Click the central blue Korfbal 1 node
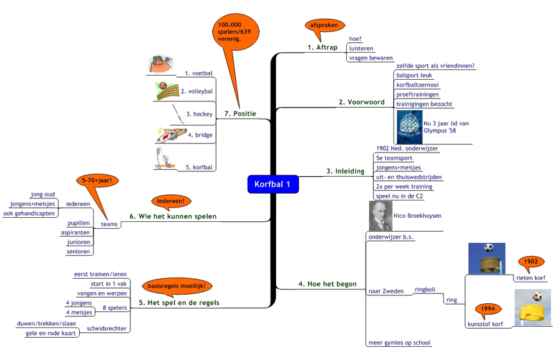tap(273, 185)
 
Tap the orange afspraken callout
tap(324, 26)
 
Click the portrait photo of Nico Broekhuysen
tap(379, 216)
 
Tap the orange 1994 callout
tap(488, 309)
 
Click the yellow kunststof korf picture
tap(533, 308)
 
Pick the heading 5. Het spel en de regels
tap(179, 302)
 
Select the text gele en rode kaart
tap(50, 334)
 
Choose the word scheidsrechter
tap(107, 328)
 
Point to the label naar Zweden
tap(386, 291)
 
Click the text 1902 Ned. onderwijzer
tap(407, 148)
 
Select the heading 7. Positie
tap(240, 114)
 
